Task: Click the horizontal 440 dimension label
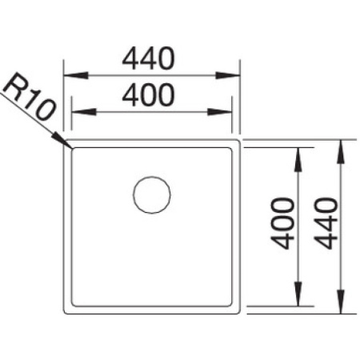coord(148,59)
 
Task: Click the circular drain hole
coord(151,194)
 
